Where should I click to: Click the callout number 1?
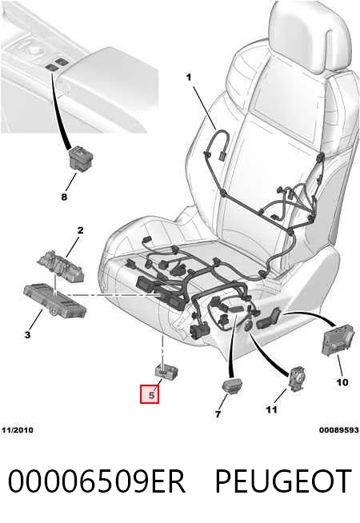pyautogui.click(x=189, y=78)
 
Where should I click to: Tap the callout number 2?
pyautogui.click(x=81, y=230)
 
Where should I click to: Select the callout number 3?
pyautogui.click(x=27, y=334)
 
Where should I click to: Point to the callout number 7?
pyautogui.click(x=218, y=414)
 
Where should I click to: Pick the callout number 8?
pyautogui.click(x=64, y=197)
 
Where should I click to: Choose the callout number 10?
pyautogui.click(x=342, y=382)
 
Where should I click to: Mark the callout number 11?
pyautogui.click(x=271, y=409)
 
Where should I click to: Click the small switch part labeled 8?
pyautogui.click(x=81, y=159)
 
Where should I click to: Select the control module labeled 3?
pyautogui.click(x=55, y=300)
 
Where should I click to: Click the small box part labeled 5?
pyautogui.click(x=166, y=371)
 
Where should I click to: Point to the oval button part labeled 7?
pyautogui.click(x=232, y=385)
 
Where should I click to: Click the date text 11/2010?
pyautogui.click(x=18, y=430)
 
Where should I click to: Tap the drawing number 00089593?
pyautogui.click(x=338, y=430)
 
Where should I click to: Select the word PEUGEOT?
pyautogui.click(x=283, y=481)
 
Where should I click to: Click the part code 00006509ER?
pyautogui.click(x=97, y=481)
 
